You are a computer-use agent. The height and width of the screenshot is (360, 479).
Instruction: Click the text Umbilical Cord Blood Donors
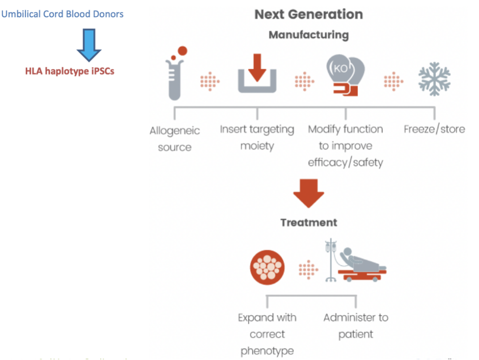(63, 14)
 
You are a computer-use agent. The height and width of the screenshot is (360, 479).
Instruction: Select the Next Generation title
(309, 14)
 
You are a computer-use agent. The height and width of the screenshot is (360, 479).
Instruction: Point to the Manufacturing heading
(309, 35)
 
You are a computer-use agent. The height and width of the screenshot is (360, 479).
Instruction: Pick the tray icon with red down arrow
(257, 74)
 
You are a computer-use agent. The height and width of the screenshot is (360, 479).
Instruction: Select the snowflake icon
(434, 79)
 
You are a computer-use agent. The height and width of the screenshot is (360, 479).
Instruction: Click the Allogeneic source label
(175, 139)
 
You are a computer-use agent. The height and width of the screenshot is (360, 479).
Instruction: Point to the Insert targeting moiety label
(257, 138)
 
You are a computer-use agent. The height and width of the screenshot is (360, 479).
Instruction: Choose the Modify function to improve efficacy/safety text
(346, 146)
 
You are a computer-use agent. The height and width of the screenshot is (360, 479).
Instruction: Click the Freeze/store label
(434, 129)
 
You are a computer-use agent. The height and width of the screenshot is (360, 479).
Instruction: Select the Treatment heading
(309, 222)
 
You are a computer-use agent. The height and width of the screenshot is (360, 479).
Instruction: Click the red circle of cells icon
(267, 267)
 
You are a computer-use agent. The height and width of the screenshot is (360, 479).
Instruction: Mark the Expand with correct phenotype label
(267, 334)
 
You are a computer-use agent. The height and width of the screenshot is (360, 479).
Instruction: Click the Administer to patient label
(356, 326)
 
